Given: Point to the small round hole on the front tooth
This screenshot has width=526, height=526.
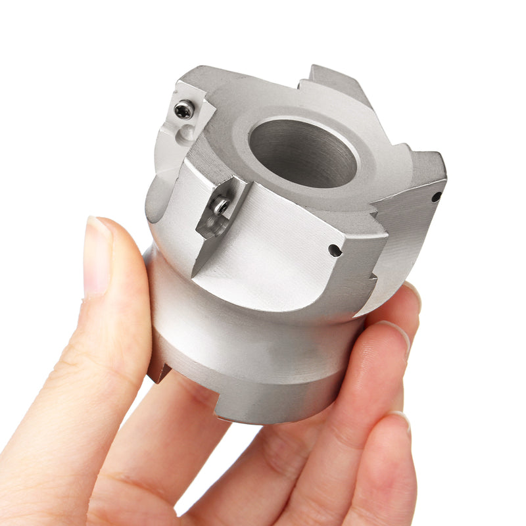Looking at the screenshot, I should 335,251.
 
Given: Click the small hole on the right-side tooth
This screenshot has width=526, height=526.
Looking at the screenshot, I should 436,197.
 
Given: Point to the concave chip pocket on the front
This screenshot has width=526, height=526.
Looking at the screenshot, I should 276,250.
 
